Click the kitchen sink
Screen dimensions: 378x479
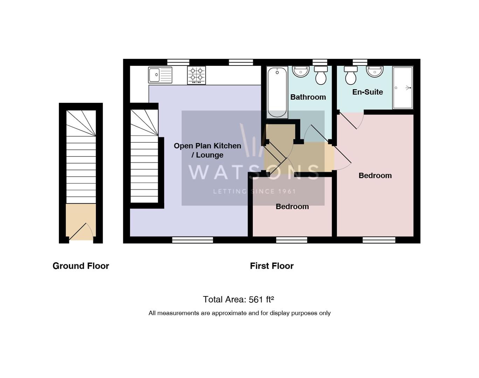click(160, 75)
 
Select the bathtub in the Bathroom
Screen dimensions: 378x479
click(277, 92)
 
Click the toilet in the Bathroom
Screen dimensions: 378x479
click(321, 76)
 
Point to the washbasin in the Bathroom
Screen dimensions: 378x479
click(301, 72)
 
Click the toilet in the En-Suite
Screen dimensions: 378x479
click(350, 76)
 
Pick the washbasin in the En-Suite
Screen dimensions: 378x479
click(374, 71)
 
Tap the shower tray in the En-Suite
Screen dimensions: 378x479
click(403, 87)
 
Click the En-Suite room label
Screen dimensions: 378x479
click(367, 92)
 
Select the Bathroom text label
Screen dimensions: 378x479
click(308, 97)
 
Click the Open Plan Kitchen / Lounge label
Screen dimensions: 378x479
click(207, 150)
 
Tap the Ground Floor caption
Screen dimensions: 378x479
click(81, 266)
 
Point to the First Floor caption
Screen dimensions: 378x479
click(272, 266)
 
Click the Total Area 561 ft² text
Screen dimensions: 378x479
click(238, 300)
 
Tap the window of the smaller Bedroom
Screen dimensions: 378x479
click(291, 240)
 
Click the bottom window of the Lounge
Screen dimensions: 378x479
click(192, 240)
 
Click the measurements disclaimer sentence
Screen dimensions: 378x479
click(239, 313)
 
